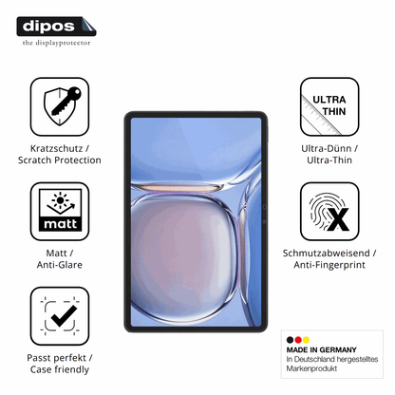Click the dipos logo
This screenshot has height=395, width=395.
click(56, 27)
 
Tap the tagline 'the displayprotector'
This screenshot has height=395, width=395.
click(56, 43)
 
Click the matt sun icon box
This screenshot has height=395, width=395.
click(60, 212)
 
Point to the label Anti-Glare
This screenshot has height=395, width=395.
click(60, 265)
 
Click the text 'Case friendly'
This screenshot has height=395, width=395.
click(60, 369)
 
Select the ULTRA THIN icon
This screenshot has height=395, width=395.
click(329, 107)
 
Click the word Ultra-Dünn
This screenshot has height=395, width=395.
click(327, 148)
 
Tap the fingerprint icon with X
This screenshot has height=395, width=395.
click(329, 212)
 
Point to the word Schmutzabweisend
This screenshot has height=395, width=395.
click(326, 254)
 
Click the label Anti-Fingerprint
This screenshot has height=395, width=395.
click(329, 265)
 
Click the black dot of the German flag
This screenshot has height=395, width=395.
click(290, 340)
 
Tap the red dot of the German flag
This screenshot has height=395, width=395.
click(298, 340)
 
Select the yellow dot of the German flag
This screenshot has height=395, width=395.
click(306, 340)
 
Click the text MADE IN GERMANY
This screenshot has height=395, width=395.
click(321, 349)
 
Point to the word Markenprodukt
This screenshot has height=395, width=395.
click(311, 368)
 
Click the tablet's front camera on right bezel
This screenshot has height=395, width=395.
click(264, 207)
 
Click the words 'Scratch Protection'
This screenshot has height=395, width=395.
click(60, 160)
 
